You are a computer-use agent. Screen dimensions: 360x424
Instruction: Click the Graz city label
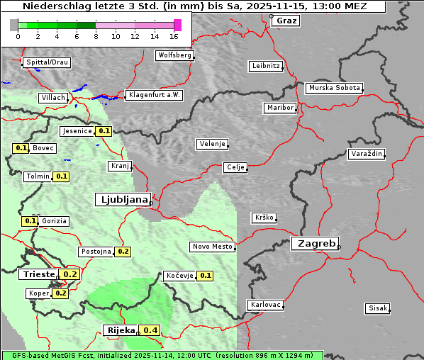[286, 21]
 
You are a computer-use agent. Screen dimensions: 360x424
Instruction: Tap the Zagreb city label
[314, 243]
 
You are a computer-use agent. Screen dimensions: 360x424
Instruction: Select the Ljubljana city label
[122, 200]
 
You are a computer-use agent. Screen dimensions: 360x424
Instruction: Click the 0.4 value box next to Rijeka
[150, 330]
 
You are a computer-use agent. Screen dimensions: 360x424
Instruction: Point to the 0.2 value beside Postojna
[123, 252]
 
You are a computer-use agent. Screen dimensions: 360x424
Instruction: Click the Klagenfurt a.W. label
[154, 95]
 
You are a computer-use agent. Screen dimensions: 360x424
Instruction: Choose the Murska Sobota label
[334, 89]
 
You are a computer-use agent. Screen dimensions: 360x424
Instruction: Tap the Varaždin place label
[366, 154]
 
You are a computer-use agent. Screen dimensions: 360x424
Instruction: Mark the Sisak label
[377, 308]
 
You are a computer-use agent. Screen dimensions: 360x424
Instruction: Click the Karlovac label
[266, 305]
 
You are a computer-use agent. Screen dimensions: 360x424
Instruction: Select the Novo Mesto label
[212, 247]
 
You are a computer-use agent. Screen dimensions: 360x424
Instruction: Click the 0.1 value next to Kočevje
[205, 276]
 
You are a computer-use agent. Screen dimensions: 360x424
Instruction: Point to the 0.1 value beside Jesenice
[104, 131]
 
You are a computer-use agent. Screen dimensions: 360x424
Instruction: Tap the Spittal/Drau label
[47, 62]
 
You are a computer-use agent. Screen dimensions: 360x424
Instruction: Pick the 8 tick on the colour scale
[96, 36]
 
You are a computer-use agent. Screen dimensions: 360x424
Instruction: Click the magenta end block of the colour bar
[178, 25]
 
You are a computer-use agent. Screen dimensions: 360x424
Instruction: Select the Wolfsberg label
[174, 55]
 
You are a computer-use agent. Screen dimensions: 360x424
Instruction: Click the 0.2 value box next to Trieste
[70, 274]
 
